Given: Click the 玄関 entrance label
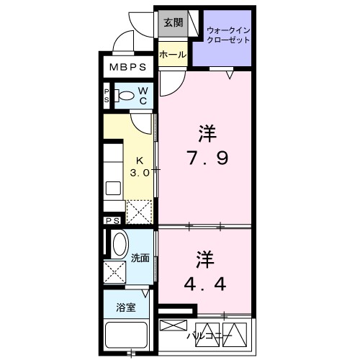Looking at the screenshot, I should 173,22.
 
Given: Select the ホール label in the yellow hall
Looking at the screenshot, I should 173,55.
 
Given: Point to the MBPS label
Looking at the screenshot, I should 128,68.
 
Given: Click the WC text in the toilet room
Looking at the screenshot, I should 143,96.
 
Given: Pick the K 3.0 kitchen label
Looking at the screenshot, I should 140,167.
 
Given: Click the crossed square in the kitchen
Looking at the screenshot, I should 140,210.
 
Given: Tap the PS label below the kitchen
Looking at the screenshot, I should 112,221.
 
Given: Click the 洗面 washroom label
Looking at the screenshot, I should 140,258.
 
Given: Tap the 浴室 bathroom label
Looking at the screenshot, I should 126,308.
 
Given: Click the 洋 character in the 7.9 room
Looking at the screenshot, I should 207,132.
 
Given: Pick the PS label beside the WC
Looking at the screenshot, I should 107,95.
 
